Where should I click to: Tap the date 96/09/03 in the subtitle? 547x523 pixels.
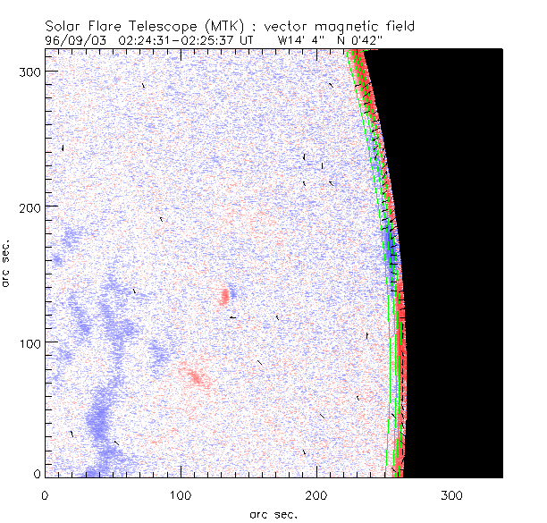74,40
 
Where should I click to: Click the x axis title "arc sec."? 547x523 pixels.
273,513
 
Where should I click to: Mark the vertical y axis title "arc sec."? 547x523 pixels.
7,263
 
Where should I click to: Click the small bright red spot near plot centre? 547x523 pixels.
225,297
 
